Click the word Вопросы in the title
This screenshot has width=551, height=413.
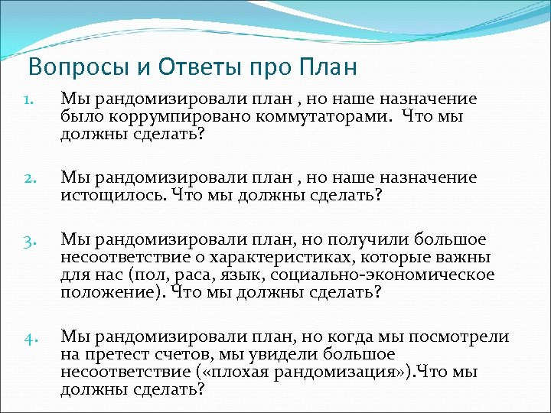[67, 68]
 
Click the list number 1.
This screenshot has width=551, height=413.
[28, 99]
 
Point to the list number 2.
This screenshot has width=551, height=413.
[28, 178]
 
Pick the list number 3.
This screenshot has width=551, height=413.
[28, 242]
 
